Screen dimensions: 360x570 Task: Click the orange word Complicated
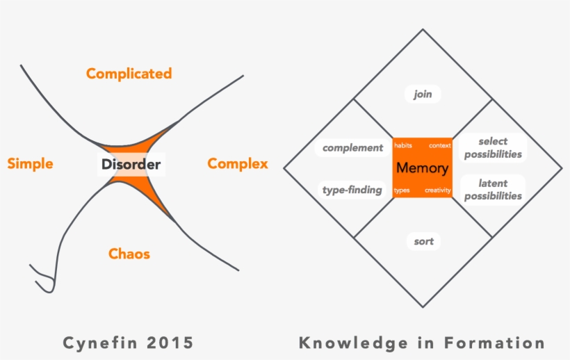129,74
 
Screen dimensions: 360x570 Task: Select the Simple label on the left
30,164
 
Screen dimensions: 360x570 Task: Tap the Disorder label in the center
131,165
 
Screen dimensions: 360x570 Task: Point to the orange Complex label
238,164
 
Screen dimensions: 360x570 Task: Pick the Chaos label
129,254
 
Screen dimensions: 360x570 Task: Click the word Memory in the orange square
422,168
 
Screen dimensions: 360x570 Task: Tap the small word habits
403,146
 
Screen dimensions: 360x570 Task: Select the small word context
440,146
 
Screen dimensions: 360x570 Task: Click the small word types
402,190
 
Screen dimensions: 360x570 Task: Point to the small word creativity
438,190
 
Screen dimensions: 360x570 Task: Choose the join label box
423,95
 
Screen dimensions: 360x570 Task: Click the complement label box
352,148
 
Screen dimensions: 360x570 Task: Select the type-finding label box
352,190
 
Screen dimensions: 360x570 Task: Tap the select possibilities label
493,148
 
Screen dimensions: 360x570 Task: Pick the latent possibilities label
493,190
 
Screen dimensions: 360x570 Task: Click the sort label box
423,242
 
